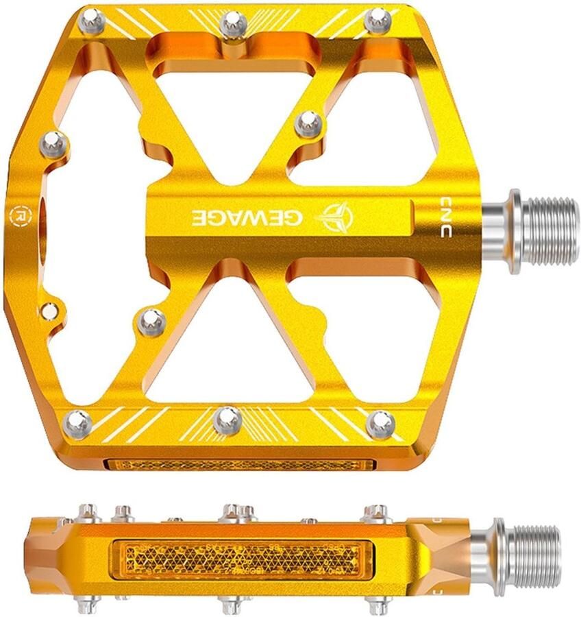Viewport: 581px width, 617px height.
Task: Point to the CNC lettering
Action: (445, 217)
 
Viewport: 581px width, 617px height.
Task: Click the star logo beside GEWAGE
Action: (336, 217)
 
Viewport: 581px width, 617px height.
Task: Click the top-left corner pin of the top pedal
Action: (92, 22)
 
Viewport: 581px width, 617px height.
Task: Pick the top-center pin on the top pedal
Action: (233, 23)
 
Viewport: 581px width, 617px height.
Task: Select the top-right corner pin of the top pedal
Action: (378, 21)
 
